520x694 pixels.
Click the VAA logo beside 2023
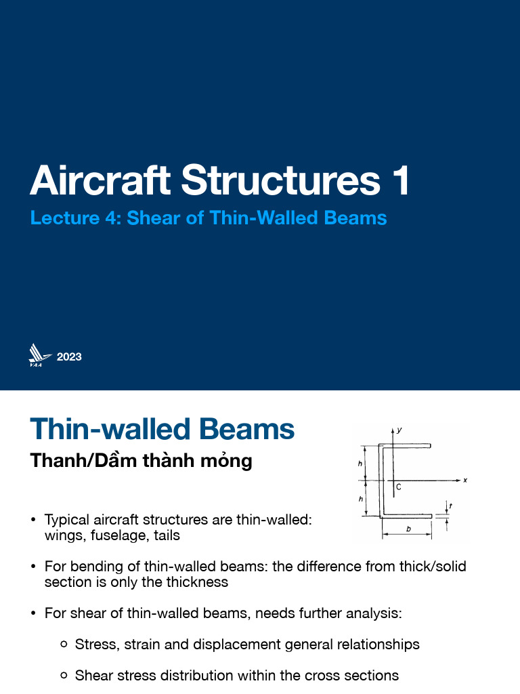[39, 356]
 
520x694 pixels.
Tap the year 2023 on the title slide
[69, 356]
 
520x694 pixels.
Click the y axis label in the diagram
[400, 430]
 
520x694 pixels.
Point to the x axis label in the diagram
[465, 480]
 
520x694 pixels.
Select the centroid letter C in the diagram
[399, 487]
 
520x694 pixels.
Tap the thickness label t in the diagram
[451, 505]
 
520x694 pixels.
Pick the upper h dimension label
[360, 464]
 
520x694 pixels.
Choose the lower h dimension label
[360, 499]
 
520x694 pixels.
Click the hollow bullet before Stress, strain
[64, 645]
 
